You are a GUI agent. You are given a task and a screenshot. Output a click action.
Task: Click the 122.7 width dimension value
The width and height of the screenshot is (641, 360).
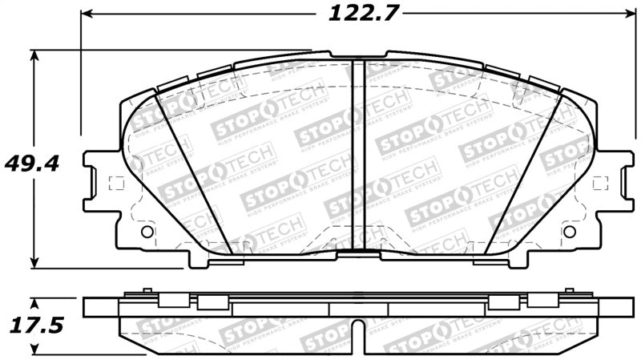(353, 14)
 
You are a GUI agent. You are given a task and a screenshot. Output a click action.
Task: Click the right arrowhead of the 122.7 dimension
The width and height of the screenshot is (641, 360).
(627, 14)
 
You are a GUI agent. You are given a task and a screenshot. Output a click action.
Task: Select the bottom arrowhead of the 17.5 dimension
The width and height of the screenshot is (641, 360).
(34, 350)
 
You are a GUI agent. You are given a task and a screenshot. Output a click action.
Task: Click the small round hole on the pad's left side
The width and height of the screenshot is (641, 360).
(146, 232)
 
